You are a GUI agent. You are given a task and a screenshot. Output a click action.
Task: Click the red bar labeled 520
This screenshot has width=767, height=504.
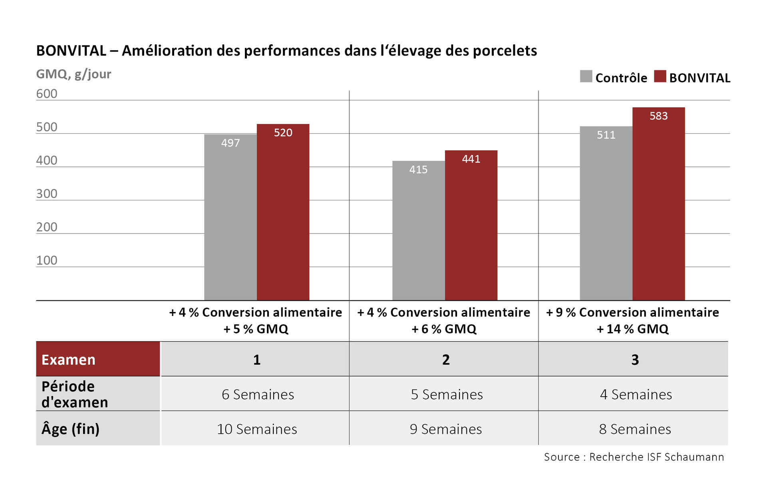tap(283, 212)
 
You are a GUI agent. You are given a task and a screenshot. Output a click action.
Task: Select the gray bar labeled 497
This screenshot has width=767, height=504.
tap(230, 217)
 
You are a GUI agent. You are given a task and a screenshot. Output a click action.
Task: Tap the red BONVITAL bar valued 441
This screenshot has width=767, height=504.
tap(471, 225)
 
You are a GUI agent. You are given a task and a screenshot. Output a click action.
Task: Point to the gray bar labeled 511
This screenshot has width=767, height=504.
tap(606, 213)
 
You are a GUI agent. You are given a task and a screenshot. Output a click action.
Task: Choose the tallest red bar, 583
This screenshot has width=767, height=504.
tap(658, 204)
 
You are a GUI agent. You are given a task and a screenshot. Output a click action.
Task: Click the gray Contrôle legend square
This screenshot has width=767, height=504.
tap(586, 76)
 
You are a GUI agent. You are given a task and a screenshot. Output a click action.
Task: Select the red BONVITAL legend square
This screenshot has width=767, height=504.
tap(660, 76)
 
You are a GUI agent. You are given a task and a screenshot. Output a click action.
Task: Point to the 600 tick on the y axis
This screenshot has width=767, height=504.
tap(47, 94)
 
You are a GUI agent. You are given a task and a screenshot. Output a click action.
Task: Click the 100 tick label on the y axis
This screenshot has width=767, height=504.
tap(47, 260)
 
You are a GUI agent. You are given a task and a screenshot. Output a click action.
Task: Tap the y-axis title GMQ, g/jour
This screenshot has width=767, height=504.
tap(74, 74)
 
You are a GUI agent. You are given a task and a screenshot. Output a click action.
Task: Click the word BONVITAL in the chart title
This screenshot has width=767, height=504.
tap(71, 51)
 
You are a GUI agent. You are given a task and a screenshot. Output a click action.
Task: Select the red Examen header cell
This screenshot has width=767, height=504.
tap(98, 359)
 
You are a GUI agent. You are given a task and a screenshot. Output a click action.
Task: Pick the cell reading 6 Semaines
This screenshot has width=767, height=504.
tap(258, 394)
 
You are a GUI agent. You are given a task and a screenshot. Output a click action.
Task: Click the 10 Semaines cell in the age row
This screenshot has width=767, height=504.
tap(257, 429)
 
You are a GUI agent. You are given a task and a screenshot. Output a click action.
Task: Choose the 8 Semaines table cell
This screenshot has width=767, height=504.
tap(635, 429)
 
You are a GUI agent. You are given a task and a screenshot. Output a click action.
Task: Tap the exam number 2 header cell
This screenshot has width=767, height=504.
tap(446, 360)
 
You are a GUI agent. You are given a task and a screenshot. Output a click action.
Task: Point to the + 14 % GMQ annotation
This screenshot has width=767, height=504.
tap(632, 329)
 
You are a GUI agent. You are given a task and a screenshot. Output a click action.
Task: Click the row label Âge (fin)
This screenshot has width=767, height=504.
tap(71, 429)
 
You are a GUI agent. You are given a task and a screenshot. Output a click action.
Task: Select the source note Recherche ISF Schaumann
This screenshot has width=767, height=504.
tap(634, 457)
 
